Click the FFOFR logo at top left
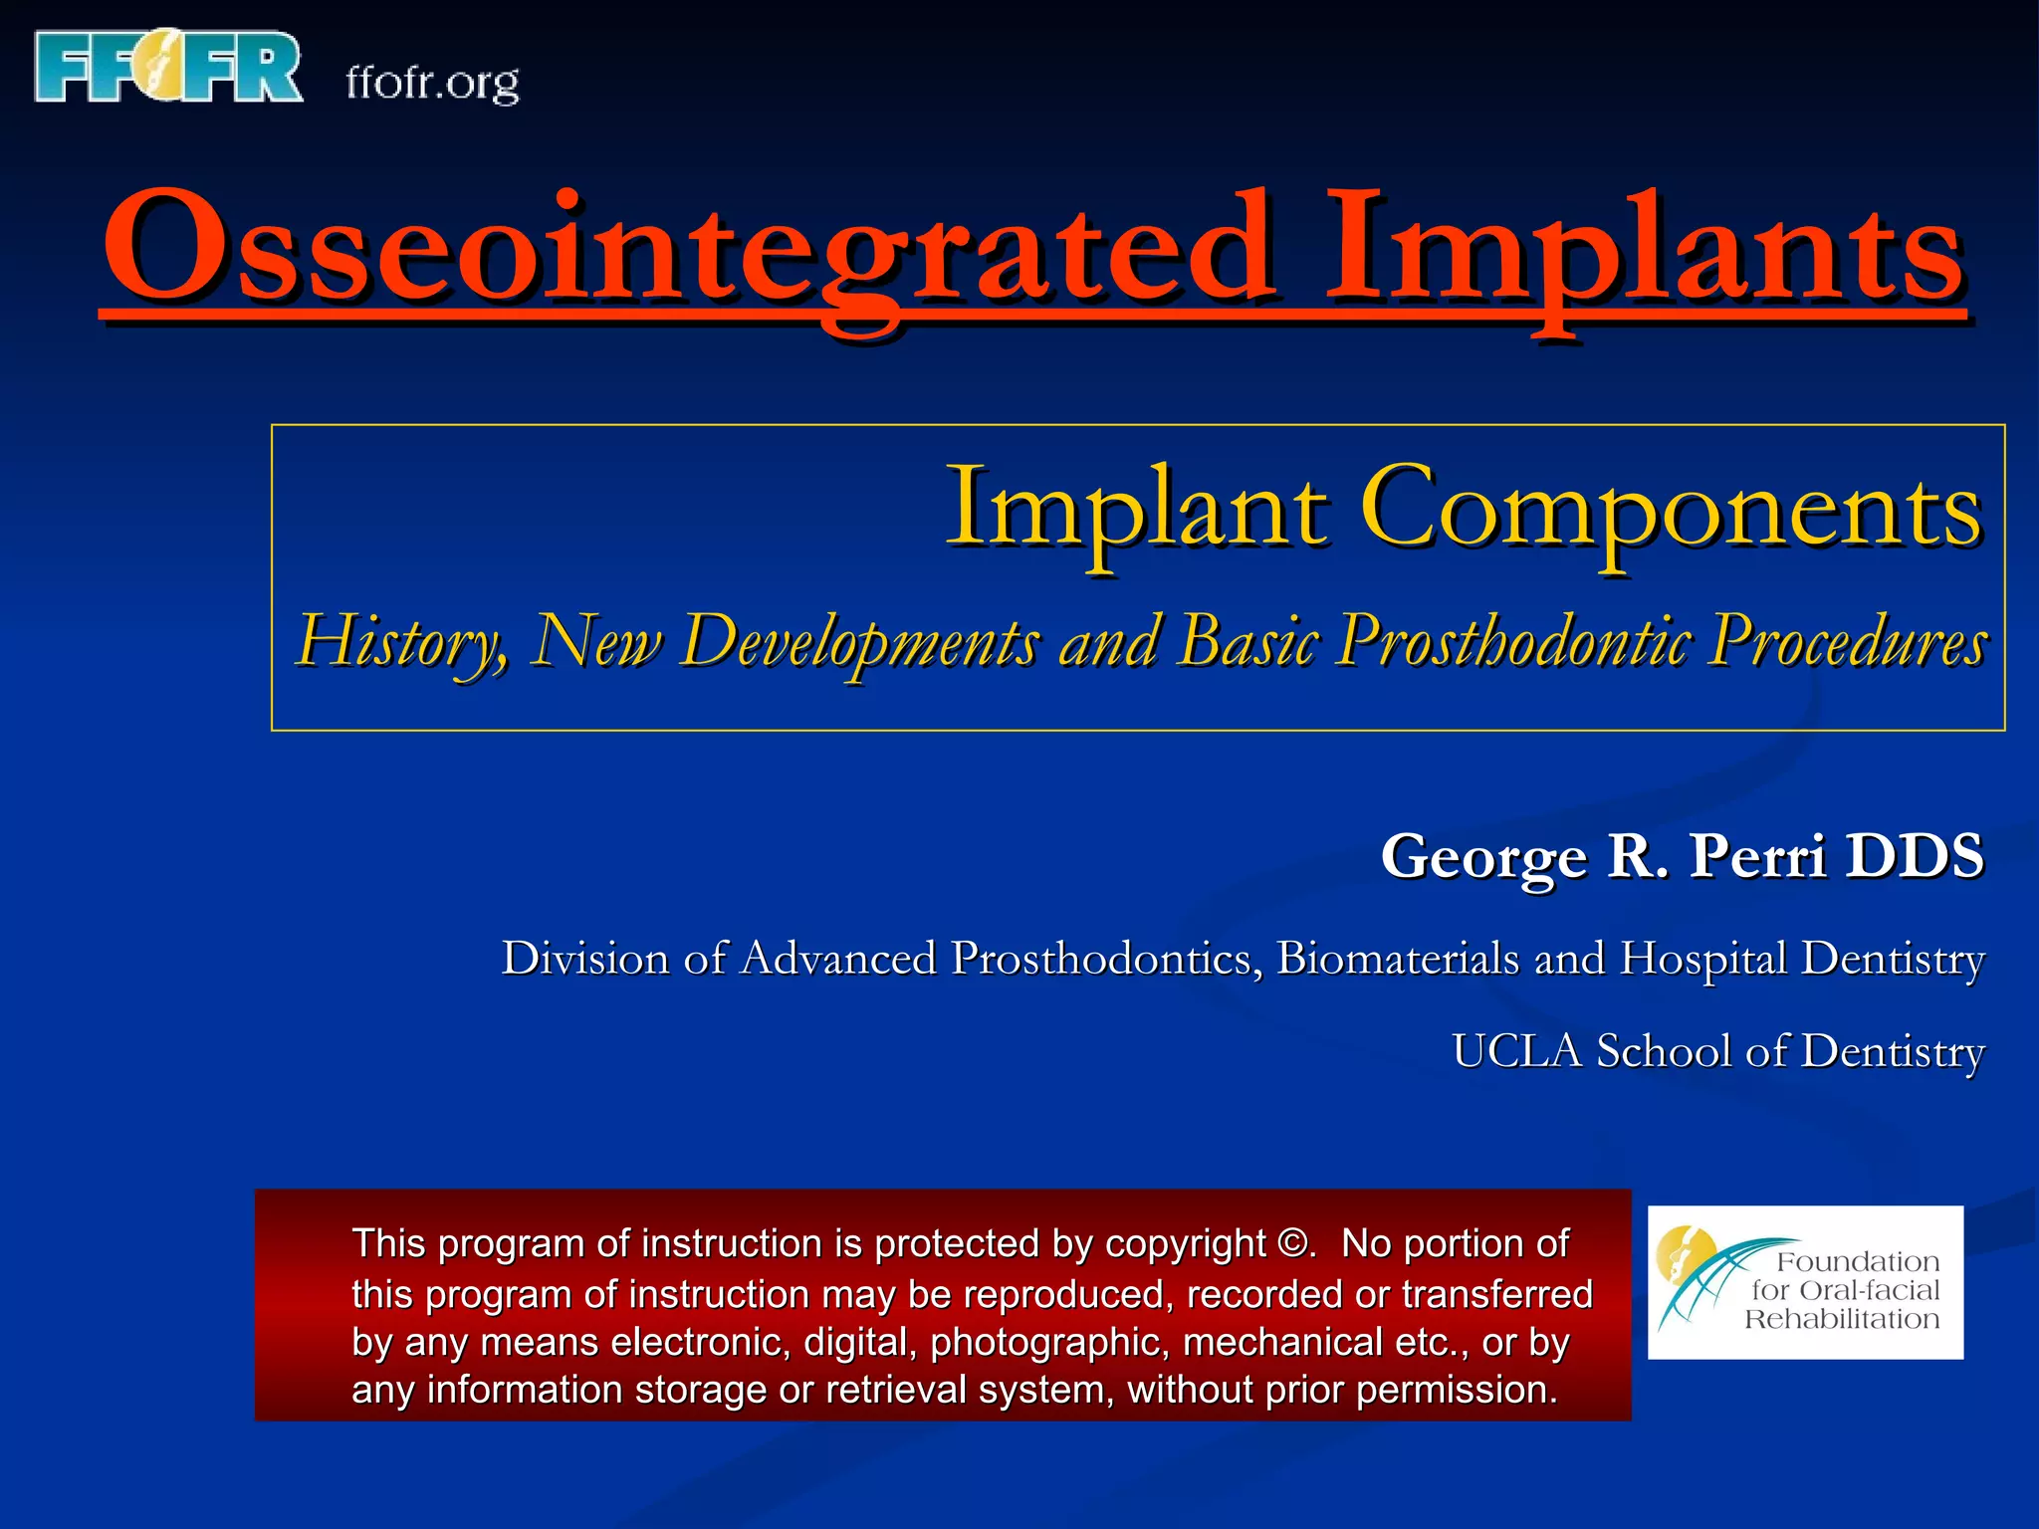coord(167,67)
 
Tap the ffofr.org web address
coord(432,83)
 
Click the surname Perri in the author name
coord(1757,855)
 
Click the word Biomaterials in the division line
coord(1398,959)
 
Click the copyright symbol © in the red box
coord(1294,1244)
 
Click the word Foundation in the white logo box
coord(1858,1262)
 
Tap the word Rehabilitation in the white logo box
coord(1842,1320)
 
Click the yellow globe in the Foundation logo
coord(1683,1256)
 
